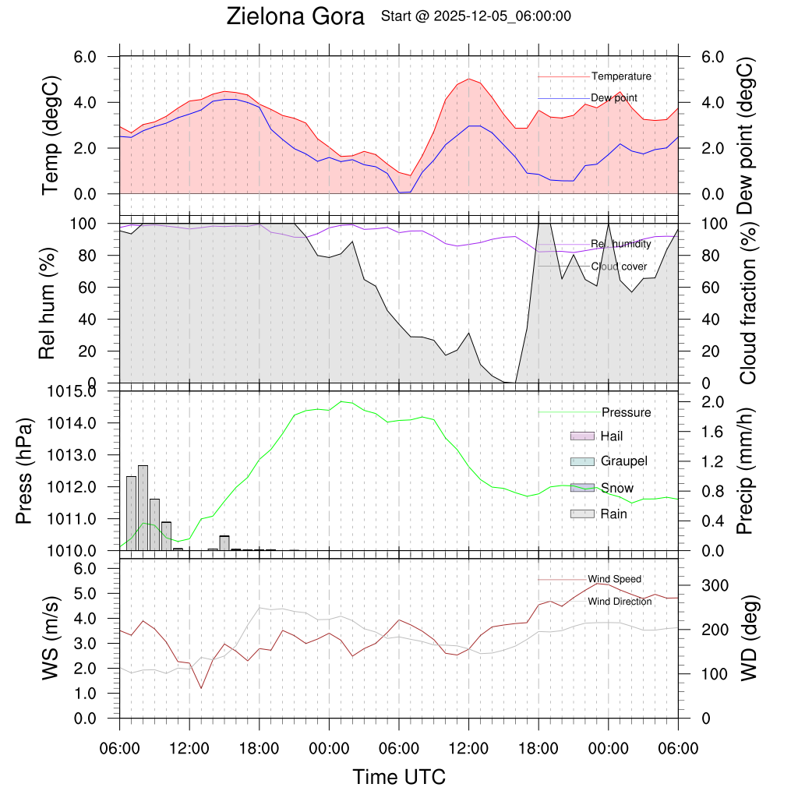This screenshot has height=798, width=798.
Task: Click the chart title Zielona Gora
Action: [x=295, y=16]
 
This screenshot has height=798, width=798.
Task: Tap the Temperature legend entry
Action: [x=621, y=76]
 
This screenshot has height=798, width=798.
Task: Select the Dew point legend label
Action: [x=614, y=97]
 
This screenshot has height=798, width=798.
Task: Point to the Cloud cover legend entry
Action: [x=619, y=267]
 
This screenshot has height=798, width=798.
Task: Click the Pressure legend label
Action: [x=626, y=412]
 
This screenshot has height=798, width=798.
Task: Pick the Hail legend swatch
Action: [x=583, y=436]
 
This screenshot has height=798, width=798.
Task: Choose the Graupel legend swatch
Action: [x=583, y=461]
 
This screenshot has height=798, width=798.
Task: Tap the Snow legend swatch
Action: [x=583, y=488]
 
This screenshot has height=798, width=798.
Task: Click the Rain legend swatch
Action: [x=583, y=514]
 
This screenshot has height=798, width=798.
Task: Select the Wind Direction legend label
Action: [x=620, y=602]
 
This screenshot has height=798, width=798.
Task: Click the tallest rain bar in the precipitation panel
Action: [x=143, y=507]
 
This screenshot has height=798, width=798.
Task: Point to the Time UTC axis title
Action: [x=399, y=777]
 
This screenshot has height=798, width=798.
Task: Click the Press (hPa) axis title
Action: [x=25, y=472]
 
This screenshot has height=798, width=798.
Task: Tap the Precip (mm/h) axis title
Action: [x=747, y=472]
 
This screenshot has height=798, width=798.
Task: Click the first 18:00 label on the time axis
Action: [x=259, y=749]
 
